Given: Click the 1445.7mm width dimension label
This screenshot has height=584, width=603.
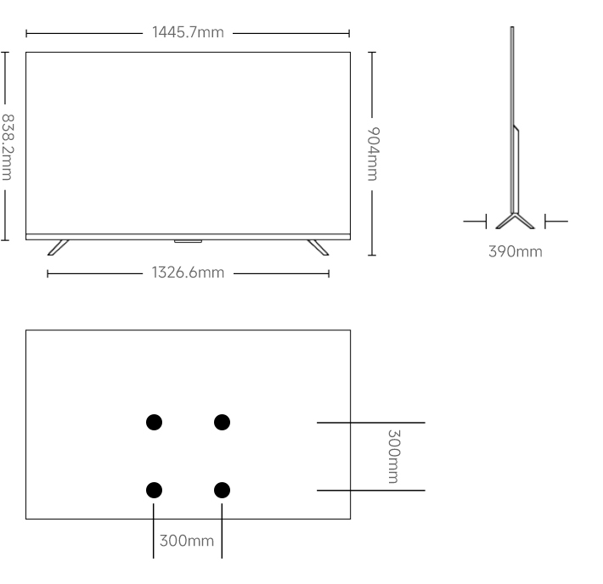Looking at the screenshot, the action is tap(188, 32).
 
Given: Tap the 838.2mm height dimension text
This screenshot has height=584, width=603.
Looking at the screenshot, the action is tap(8, 147).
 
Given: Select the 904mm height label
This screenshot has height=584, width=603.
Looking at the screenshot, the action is tap(373, 154).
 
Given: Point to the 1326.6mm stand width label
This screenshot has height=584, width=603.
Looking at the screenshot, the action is tap(188, 272).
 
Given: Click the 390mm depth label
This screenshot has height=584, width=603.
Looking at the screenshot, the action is tap(516, 251).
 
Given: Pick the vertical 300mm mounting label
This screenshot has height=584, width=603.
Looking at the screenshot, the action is tap(393, 457).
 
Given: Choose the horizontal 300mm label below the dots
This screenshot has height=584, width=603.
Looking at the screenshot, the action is tap(187, 541).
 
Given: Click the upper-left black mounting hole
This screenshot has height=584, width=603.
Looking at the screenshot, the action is tap(155, 422).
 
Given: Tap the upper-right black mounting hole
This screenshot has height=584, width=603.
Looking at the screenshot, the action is tap(222, 422).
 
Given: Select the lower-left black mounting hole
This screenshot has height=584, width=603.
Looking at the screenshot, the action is tap(155, 490).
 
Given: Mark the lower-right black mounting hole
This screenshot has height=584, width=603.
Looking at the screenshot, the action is tap(222, 490).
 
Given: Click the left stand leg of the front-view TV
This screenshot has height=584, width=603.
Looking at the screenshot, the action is tap(58, 247).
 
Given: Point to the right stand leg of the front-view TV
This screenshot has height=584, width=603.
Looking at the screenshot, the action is tap(318, 247).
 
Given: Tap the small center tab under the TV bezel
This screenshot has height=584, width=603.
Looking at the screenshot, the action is tap(188, 241).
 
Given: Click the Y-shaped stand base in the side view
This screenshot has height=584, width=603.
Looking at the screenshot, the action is tap(515, 221).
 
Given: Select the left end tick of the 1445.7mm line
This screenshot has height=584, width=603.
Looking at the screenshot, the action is tap(26, 33).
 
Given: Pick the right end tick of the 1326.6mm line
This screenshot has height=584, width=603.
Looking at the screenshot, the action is tap(329, 273).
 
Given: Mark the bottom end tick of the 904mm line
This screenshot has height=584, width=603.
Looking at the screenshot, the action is tap(372, 255).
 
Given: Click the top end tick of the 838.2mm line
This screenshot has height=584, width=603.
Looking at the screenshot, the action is tap(4, 53).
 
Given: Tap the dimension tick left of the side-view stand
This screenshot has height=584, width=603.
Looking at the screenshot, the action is tap(486, 222).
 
